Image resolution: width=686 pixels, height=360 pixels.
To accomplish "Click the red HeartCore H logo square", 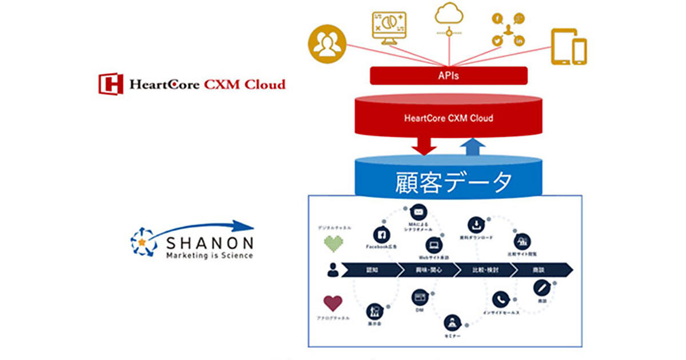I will [110, 83].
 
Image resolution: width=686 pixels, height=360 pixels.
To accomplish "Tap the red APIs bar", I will [448, 75].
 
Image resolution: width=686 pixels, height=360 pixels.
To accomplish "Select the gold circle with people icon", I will [328, 45].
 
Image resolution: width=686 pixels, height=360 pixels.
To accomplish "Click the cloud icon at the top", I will [449, 14].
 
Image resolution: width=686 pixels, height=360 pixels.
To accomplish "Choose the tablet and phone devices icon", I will [569, 47].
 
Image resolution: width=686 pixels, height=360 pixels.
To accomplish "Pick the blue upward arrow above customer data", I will [472, 147].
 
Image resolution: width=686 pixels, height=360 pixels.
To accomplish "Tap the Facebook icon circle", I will [381, 234].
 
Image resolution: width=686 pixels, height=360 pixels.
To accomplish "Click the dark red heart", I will [333, 303].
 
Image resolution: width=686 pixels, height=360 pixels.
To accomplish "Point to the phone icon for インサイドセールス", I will [501, 299].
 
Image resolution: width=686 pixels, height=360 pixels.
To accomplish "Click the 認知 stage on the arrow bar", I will [372, 270].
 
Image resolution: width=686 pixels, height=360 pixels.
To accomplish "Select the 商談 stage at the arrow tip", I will [540, 270].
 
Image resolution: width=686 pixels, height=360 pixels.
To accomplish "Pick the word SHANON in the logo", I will [209, 243].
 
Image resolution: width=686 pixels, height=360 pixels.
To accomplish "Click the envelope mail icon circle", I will [419, 212].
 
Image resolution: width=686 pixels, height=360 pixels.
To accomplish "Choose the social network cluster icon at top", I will [507, 30].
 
